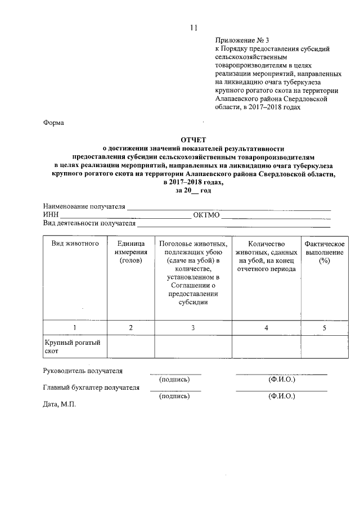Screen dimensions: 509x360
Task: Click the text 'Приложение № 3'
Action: [x=242, y=40]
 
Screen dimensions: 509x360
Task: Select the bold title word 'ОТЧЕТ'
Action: [x=193, y=138]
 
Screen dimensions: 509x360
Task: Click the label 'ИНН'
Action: [x=50, y=215]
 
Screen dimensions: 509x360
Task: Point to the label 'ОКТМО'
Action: [x=206, y=215]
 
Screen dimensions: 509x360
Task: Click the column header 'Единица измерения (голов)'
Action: [x=130, y=252]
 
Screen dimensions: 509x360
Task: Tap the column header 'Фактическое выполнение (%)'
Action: [x=324, y=252]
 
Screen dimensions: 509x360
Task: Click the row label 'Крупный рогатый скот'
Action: [x=71, y=347]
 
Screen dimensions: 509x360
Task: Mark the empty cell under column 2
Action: [x=130, y=347]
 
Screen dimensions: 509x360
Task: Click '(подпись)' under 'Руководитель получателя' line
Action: [x=175, y=379]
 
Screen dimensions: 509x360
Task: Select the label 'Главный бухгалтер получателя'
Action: [x=91, y=388]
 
